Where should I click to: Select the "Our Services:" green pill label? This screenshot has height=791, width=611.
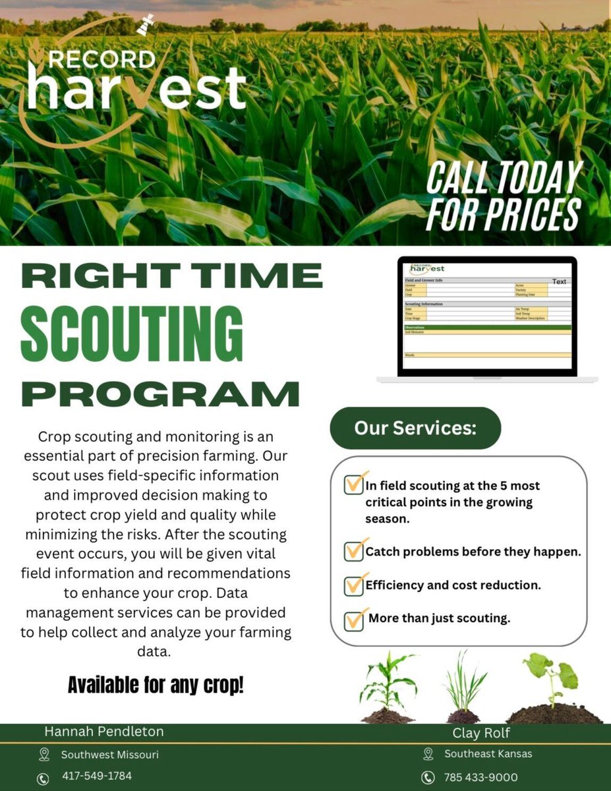415,428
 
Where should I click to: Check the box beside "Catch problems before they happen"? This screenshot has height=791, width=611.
354,550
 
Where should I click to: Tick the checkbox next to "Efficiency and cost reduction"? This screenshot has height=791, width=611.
354,585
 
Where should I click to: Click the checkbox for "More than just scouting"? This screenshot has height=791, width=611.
354,620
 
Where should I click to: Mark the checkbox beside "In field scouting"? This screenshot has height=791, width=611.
354,484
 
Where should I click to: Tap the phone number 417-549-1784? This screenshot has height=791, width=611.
97,776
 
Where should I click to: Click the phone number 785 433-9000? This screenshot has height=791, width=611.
480,777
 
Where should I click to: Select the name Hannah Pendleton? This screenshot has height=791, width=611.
104,731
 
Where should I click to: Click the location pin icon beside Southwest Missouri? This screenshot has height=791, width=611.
44,754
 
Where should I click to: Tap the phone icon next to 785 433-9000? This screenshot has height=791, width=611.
428,778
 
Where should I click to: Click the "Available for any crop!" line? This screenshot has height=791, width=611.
156,686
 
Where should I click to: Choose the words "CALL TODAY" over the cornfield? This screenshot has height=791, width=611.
504,177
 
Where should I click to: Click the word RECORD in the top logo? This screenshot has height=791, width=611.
102,60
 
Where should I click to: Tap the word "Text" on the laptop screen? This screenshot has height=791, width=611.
559,281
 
